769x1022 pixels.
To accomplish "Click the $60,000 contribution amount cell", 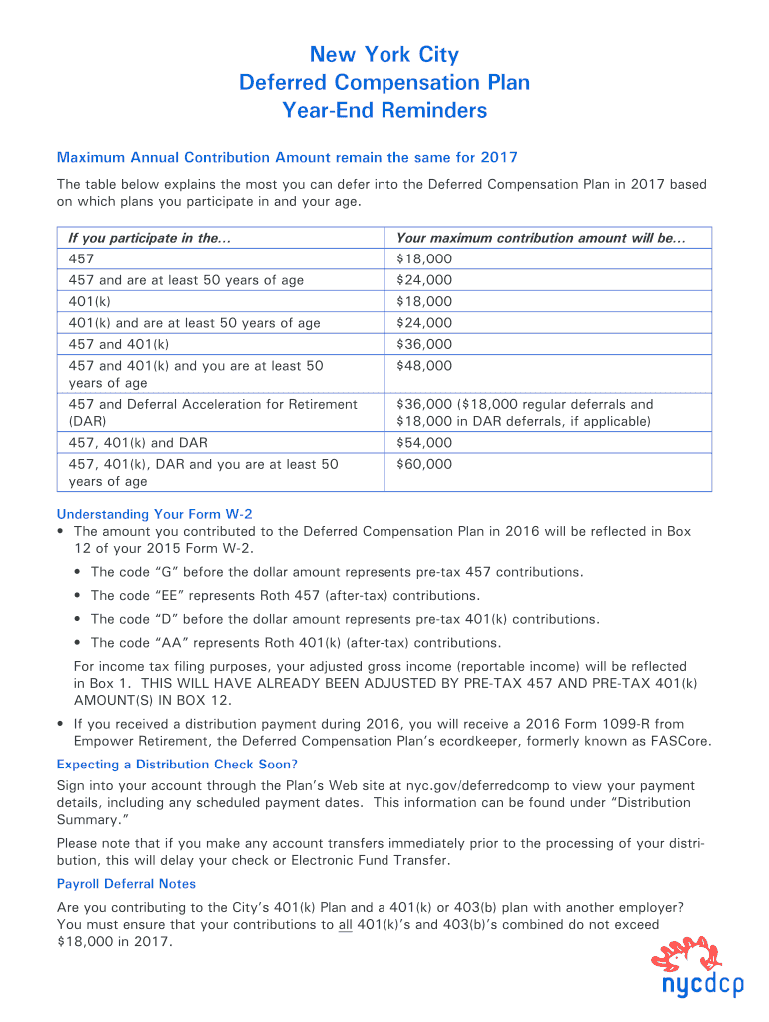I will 424,464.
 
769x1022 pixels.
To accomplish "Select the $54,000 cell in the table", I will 424,442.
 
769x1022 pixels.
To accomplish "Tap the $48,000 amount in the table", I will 424,366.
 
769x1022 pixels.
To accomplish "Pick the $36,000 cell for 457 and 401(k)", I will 424,344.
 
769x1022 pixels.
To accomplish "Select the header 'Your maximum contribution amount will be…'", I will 541,238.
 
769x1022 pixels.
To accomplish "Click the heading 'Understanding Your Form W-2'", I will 154,514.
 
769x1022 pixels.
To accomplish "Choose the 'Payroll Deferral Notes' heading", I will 126,884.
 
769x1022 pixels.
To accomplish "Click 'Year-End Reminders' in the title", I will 384,110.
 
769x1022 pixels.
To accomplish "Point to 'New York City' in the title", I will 384,54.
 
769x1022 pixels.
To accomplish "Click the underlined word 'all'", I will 345,925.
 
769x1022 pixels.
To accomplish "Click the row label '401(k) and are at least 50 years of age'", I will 194,322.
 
